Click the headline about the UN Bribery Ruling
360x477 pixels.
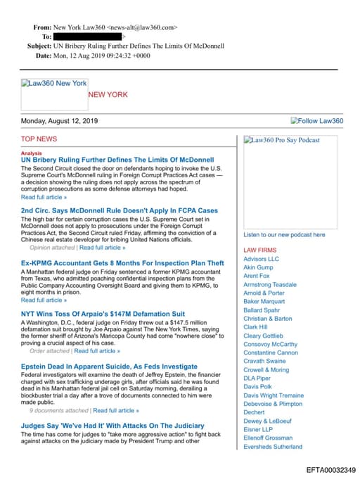pyautogui.click(x=117, y=160)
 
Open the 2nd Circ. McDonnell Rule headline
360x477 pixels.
pyautogui.click(x=120, y=210)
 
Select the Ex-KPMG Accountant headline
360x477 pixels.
pyautogui.click(x=122, y=263)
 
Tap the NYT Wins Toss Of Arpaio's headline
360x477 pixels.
pyautogui.click(x=103, y=314)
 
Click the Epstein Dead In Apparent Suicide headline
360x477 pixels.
pyautogui.click(x=109, y=367)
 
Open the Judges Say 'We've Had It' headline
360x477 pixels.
pyautogui.click(x=112, y=426)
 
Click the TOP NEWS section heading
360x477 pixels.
pyautogui.click(x=39, y=139)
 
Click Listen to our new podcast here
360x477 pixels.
pyautogui.click(x=284, y=234)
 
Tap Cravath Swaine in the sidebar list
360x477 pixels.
pyautogui.click(x=265, y=362)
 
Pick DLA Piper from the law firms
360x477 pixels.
pyautogui.click(x=257, y=379)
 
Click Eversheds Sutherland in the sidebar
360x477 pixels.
pyautogui.click(x=273, y=447)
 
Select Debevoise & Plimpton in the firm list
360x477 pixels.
pyautogui.click(x=273, y=404)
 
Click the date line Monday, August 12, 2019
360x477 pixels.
pyautogui.click(x=60, y=121)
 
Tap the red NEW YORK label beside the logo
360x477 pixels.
pyautogui.click(x=108, y=94)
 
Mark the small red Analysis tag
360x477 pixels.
pyautogui.click(x=31, y=153)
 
